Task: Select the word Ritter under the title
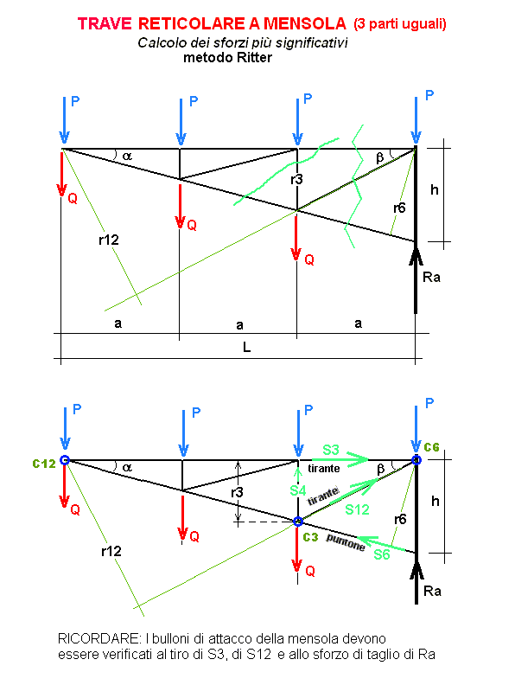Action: pyautogui.click(x=254, y=58)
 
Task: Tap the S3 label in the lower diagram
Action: pyautogui.click(x=331, y=450)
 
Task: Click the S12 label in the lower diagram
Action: pyautogui.click(x=357, y=509)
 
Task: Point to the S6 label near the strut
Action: pyautogui.click(x=381, y=554)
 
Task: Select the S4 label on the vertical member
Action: pyautogui.click(x=297, y=490)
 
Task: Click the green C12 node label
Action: pyautogui.click(x=44, y=464)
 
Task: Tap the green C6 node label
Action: pyautogui.click(x=431, y=447)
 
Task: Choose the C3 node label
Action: pyautogui.click(x=310, y=537)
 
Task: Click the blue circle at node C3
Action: pyautogui.click(x=297, y=522)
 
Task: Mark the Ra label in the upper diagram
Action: pyautogui.click(x=431, y=277)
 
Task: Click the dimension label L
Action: pyautogui.click(x=246, y=348)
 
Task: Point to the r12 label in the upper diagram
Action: pyautogui.click(x=109, y=240)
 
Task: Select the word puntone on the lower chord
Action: pyautogui.click(x=346, y=542)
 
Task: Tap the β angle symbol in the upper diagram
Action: pyautogui.click(x=379, y=157)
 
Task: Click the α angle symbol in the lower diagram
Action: pyautogui.click(x=127, y=467)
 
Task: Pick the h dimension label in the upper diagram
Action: pyautogui.click(x=435, y=189)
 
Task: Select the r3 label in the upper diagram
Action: pyautogui.click(x=296, y=179)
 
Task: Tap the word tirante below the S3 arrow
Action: pyautogui.click(x=323, y=468)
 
